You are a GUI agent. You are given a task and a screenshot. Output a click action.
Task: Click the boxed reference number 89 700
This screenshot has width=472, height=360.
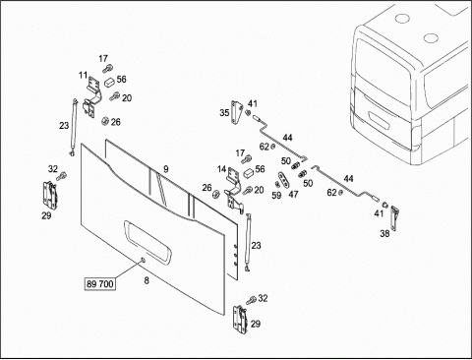[100, 283]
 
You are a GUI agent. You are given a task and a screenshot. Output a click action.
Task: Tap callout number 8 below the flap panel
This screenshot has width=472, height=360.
[147, 280]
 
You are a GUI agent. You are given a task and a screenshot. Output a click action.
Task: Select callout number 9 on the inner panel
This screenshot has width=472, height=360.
[166, 169]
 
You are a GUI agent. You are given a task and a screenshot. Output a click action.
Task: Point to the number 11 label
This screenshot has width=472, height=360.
[83, 76]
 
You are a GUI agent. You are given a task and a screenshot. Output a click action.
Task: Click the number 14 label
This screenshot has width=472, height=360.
[222, 169]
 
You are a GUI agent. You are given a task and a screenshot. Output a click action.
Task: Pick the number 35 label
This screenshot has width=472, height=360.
[224, 113]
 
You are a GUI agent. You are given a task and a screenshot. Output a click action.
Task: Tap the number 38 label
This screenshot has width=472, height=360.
[384, 233]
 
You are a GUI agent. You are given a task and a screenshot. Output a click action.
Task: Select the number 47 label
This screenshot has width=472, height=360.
[293, 194]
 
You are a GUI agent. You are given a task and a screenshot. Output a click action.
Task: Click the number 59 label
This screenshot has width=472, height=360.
[276, 196]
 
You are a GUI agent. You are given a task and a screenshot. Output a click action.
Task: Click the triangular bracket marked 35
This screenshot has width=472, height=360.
[236, 112]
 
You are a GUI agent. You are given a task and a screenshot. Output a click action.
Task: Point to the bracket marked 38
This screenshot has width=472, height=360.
[394, 218]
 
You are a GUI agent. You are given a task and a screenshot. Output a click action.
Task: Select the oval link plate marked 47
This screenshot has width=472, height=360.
[284, 180]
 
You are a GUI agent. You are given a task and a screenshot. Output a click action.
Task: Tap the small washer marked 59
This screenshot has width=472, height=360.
[277, 184]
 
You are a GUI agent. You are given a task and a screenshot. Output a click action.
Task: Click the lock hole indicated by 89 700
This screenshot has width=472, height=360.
[143, 260]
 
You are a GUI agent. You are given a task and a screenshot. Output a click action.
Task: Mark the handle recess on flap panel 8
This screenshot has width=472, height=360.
[147, 242]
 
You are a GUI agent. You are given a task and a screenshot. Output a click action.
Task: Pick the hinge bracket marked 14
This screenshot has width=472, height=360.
[234, 190]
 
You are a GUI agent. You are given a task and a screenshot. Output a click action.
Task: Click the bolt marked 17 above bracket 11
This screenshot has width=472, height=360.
[107, 69]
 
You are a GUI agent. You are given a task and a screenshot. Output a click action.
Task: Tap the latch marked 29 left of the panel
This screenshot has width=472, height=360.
[49, 196]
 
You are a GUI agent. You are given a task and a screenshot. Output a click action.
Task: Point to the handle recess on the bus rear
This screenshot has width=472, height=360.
[379, 121]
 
